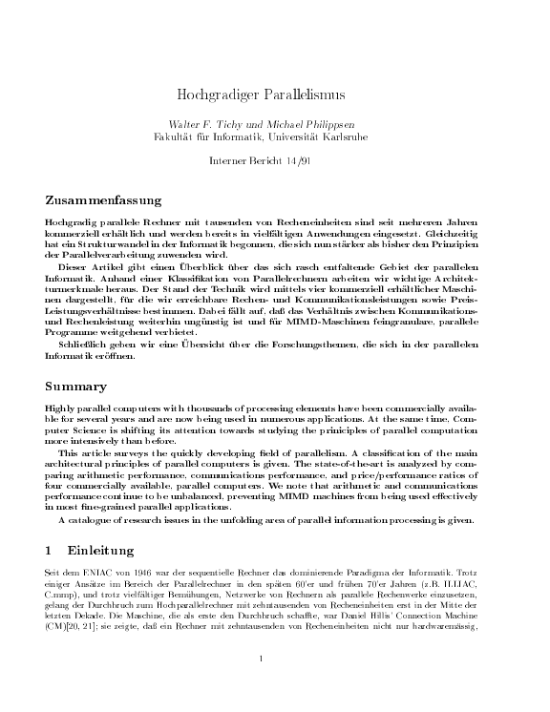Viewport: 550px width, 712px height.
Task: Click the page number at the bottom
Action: coord(261,685)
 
